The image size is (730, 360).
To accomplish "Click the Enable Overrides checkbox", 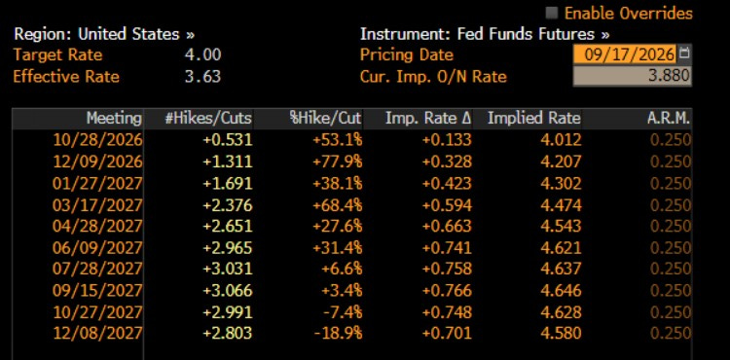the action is [x=552, y=13].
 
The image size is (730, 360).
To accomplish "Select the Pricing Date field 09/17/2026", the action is [x=625, y=54].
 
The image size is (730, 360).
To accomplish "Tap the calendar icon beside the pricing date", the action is [x=684, y=53].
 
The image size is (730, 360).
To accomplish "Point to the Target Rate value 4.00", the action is [x=203, y=54].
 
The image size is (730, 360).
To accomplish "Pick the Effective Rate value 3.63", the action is [x=203, y=76].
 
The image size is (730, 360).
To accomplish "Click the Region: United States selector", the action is [x=104, y=34].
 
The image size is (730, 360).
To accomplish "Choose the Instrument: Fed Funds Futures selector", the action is [x=485, y=34].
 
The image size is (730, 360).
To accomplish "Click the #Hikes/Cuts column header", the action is [x=208, y=119].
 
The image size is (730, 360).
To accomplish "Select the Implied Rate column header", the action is [x=534, y=119].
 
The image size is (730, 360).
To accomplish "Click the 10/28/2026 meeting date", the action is [x=97, y=139].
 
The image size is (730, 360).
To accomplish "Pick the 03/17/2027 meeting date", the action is [x=97, y=204].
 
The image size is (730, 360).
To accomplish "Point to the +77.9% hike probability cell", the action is [x=338, y=162].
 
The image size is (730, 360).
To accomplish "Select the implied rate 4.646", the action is [x=561, y=290].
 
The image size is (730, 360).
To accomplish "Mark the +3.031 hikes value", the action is [x=227, y=269].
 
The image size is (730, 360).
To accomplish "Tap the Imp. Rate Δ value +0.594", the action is [x=447, y=204].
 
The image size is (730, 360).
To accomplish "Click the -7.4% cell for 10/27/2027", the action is [x=343, y=311].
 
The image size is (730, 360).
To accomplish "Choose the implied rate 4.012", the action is [x=561, y=139].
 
